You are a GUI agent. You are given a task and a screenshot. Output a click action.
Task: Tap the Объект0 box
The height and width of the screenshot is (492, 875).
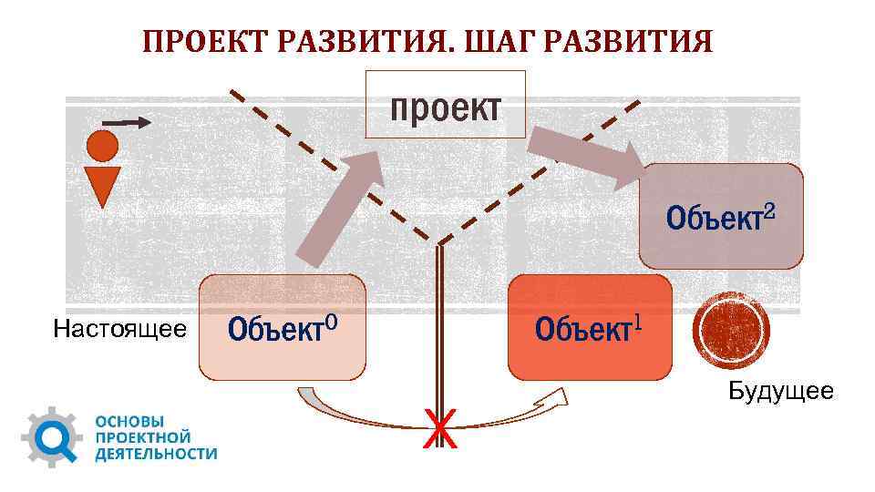[282, 327]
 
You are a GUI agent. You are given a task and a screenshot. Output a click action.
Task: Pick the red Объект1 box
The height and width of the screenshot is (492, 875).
[590, 327]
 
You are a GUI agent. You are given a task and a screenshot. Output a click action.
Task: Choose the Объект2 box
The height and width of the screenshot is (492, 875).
[721, 217]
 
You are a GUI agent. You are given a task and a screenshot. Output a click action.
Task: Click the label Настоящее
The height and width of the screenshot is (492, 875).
[120, 328]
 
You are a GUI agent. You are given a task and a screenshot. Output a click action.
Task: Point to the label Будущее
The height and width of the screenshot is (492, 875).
[780, 393]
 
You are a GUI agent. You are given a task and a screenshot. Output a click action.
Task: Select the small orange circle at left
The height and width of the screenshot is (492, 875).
[102, 145]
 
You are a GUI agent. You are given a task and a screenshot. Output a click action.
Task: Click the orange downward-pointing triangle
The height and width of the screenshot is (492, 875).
[102, 186]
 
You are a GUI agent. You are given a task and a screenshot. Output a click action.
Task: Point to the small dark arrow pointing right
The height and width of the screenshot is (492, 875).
[125, 121]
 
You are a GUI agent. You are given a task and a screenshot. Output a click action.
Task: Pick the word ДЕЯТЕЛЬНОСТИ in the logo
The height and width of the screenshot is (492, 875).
[156, 453]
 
